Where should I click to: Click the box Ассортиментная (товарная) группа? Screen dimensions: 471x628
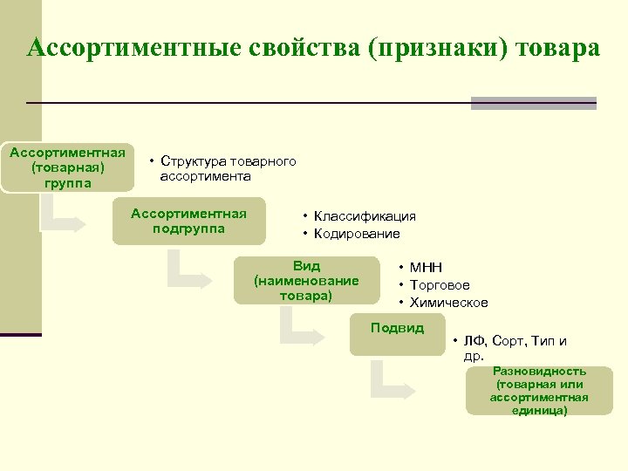67,167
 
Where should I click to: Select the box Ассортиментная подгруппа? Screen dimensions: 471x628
188,222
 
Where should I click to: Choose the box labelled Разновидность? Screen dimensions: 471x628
539,390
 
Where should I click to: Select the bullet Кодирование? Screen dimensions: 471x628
357,234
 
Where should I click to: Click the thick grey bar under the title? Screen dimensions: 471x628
533,103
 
